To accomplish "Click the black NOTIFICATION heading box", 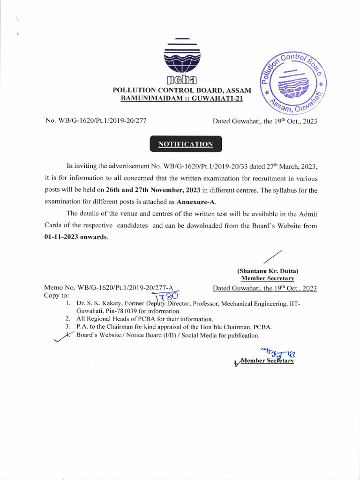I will [186, 144].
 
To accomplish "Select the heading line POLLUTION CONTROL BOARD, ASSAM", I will [182, 90].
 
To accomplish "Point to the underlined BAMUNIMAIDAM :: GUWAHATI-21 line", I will [182, 98].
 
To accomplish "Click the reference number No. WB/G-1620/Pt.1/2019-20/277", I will [96, 121].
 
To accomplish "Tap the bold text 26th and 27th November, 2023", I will [153, 190].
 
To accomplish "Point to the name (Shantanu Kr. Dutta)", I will [268, 271].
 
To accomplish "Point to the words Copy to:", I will [56, 296].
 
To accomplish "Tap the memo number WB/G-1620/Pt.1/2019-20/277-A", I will [127, 288].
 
